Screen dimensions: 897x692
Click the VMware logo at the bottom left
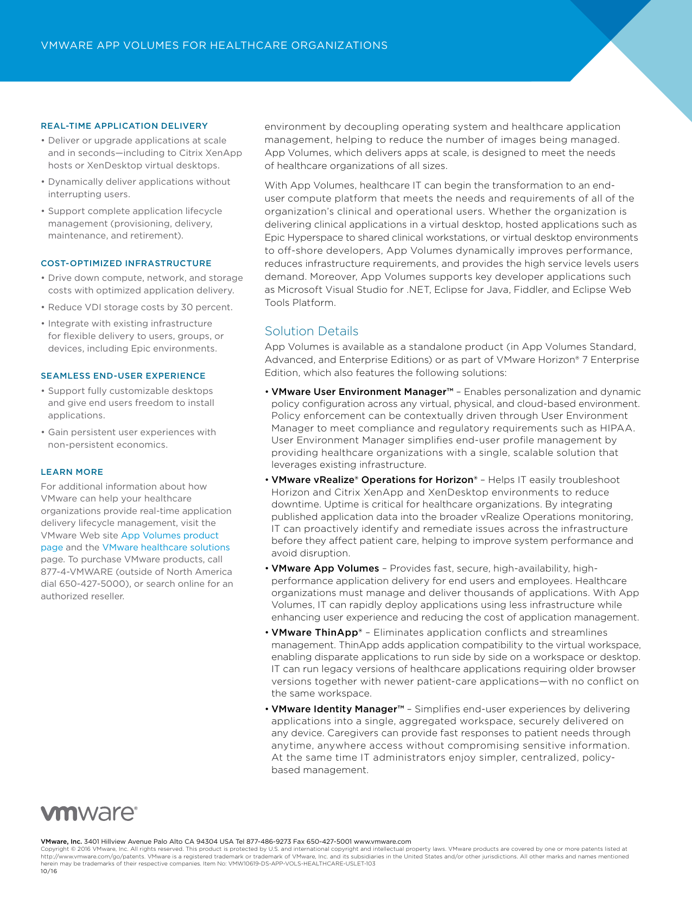(x=89, y=813)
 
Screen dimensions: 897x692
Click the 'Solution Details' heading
(x=311, y=331)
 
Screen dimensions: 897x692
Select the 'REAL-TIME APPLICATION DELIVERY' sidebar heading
(x=124, y=126)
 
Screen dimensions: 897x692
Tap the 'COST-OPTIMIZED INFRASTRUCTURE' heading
(x=126, y=264)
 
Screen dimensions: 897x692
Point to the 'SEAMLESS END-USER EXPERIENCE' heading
(x=123, y=376)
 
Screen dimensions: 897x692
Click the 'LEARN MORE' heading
(x=72, y=472)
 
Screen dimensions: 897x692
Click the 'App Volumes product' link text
(x=169, y=535)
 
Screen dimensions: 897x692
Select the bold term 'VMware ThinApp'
(x=315, y=632)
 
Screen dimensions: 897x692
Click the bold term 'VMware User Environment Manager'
(x=358, y=392)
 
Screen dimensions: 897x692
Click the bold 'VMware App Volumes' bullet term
(x=325, y=568)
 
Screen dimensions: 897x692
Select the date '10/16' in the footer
(x=48, y=871)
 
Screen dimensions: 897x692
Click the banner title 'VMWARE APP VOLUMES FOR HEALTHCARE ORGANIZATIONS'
(x=214, y=46)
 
